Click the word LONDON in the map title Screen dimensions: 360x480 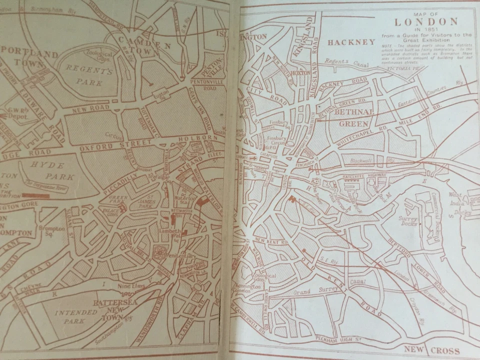coord(426,21)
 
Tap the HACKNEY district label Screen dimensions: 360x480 coord(350,42)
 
